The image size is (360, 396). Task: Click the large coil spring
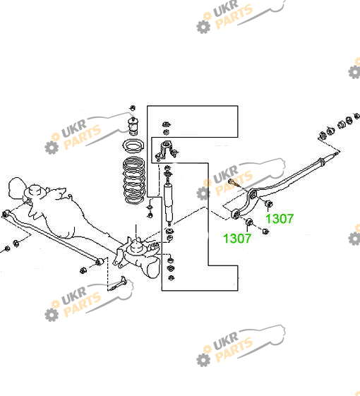(134, 180)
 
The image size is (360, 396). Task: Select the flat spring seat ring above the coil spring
(133, 146)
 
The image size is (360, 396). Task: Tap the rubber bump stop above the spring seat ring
(133, 126)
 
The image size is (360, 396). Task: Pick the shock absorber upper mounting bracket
(165, 150)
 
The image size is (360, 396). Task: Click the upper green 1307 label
(280, 218)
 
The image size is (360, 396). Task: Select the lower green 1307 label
(237, 238)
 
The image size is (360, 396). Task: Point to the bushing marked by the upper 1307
(268, 203)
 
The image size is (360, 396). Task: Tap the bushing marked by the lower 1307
(249, 222)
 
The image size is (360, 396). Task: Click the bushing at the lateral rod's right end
(100, 261)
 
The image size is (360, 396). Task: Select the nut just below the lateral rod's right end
(83, 270)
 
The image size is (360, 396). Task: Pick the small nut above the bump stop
(133, 108)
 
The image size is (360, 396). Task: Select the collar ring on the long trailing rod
(321, 162)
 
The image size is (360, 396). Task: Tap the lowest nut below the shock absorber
(172, 277)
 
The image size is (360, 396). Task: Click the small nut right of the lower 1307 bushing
(265, 231)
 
